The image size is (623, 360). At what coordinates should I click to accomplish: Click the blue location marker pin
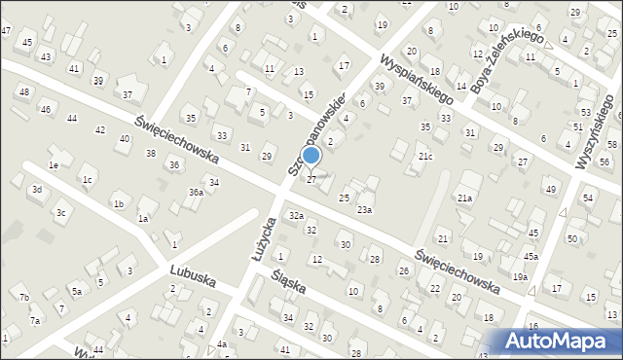tap(311, 157)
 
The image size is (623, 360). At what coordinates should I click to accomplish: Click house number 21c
tap(424, 157)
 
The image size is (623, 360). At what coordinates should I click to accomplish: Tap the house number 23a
tap(364, 209)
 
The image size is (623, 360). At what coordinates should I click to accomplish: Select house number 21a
tap(465, 198)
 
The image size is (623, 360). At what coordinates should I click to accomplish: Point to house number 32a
tap(296, 215)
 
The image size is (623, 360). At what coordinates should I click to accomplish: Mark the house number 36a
tap(196, 193)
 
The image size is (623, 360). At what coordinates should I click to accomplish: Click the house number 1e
tap(55, 166)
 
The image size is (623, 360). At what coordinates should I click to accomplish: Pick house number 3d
tap(37, 189)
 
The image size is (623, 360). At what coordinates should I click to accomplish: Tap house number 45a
tap(531, 256)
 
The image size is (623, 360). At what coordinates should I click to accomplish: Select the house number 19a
tap(521, 277)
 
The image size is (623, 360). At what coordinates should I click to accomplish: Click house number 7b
tap(24, 297)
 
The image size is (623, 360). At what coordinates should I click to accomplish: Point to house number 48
tap(24, 91)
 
